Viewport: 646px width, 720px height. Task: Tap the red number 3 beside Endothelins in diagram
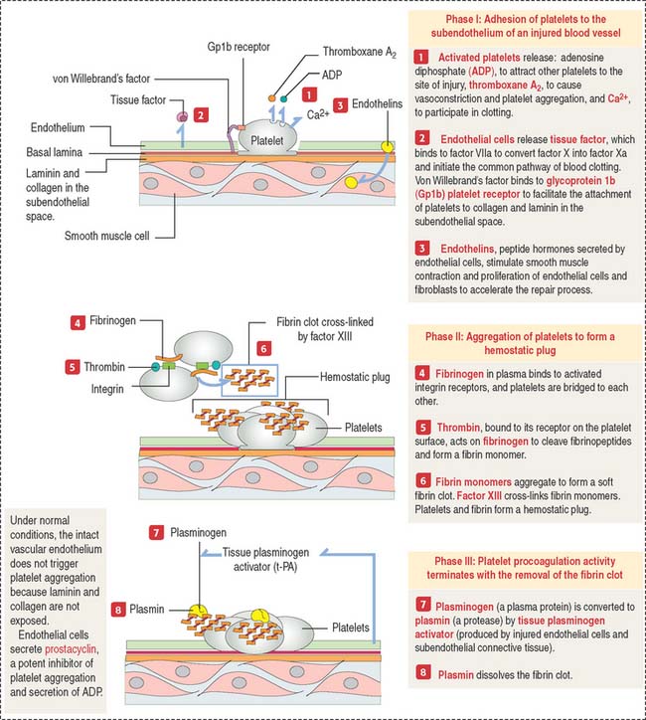[x=341, y=103]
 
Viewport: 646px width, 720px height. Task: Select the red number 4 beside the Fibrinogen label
[x=77, y=322]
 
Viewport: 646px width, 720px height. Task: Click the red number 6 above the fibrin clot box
[x=263, y=350]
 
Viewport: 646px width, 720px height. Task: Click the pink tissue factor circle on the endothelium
[x=183, y=117]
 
